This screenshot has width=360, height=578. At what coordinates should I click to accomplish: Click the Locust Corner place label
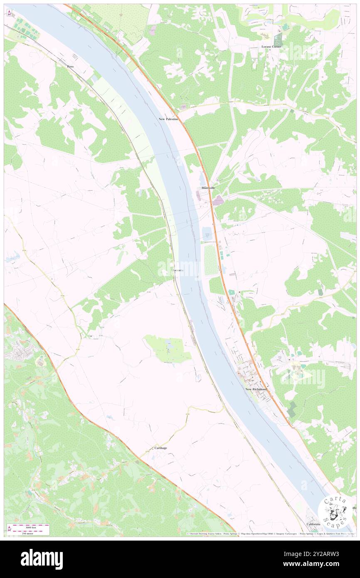271,47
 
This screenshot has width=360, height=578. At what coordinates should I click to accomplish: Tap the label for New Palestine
168,119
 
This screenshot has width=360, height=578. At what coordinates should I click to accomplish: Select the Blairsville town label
208,188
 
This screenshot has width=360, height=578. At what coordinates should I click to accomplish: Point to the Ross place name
70,67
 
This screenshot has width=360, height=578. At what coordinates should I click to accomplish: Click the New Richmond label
255,389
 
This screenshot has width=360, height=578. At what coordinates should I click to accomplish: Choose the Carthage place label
160,448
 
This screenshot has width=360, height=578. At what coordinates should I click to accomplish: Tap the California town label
313,524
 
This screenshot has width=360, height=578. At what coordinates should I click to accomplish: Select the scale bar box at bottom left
29,529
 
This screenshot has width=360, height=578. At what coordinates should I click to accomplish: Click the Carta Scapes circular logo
335,512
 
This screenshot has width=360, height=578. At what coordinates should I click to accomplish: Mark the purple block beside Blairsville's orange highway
219,200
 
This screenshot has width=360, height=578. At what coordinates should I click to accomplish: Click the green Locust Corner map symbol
277,40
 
